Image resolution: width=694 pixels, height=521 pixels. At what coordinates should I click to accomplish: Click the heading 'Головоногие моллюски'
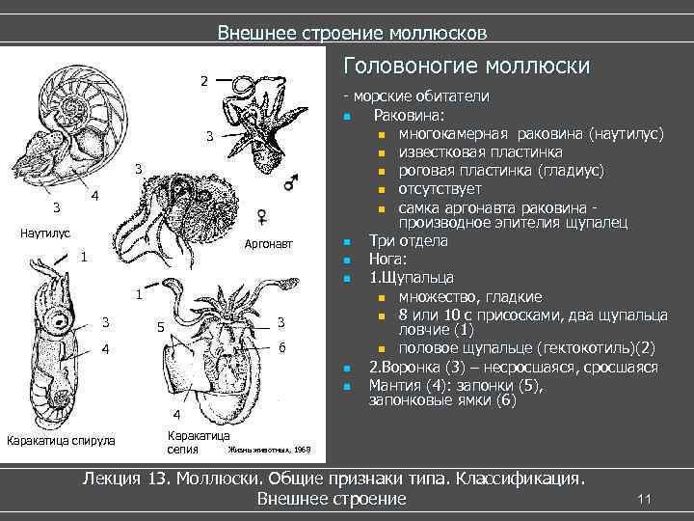(467, 67)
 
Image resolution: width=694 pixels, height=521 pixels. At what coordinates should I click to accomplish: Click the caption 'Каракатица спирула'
(60, 441)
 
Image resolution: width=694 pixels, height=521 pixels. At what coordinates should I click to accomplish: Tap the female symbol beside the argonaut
(261, 215)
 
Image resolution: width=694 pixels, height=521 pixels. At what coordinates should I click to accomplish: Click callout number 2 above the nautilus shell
(203, 80)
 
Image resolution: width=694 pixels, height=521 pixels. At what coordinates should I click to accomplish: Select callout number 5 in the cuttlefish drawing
(159, 327)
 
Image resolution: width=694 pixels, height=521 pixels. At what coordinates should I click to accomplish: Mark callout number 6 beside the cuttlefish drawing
(280, 346)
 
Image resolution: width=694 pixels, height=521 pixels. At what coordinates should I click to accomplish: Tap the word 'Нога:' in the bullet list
(388, 260)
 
